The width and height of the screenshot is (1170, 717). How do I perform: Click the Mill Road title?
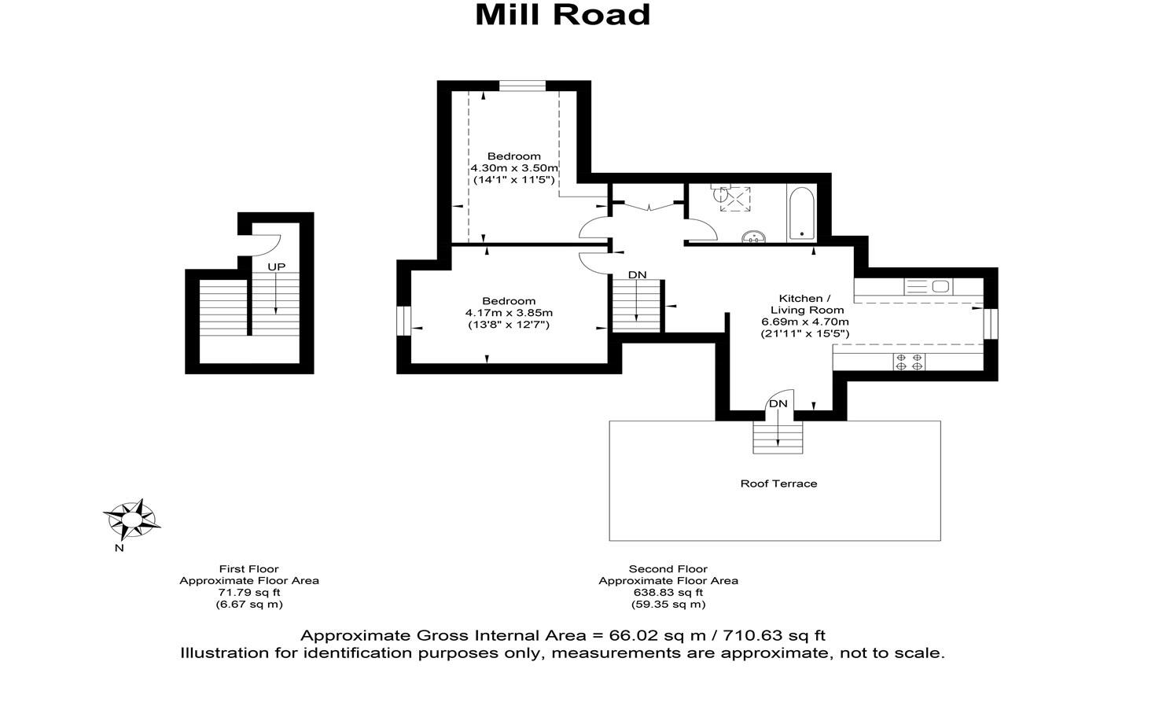click(562, 15)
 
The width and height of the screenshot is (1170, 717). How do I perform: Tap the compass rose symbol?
click(131, 518)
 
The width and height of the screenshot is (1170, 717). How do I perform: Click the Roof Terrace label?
click(778, 484)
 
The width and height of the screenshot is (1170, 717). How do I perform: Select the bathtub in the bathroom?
click(801, 213)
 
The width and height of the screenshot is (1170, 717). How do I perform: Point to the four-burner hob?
click(909, 362)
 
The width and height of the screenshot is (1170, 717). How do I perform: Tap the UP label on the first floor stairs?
click(276, 267)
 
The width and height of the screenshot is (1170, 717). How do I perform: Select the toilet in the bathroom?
click(721, 197)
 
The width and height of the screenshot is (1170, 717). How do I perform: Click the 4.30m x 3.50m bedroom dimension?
click(514, 167)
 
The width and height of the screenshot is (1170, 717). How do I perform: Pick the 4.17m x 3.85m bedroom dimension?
click(509, 312)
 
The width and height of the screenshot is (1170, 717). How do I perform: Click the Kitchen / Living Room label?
click(804, 304)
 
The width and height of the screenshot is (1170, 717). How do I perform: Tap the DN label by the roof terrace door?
click(778, 403)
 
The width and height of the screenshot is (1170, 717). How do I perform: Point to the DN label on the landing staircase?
click(637, 274)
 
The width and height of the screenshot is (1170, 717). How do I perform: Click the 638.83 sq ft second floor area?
click(668, 593)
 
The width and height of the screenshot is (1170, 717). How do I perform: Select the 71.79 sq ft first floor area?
click(248, 593)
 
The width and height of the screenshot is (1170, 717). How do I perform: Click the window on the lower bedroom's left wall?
click(403, 321)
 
